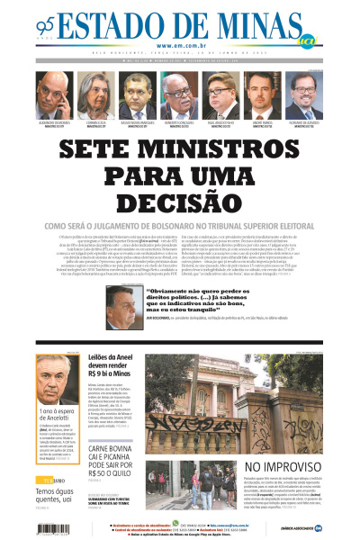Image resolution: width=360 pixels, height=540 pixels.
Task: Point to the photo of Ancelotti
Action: [x=58, y=378]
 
